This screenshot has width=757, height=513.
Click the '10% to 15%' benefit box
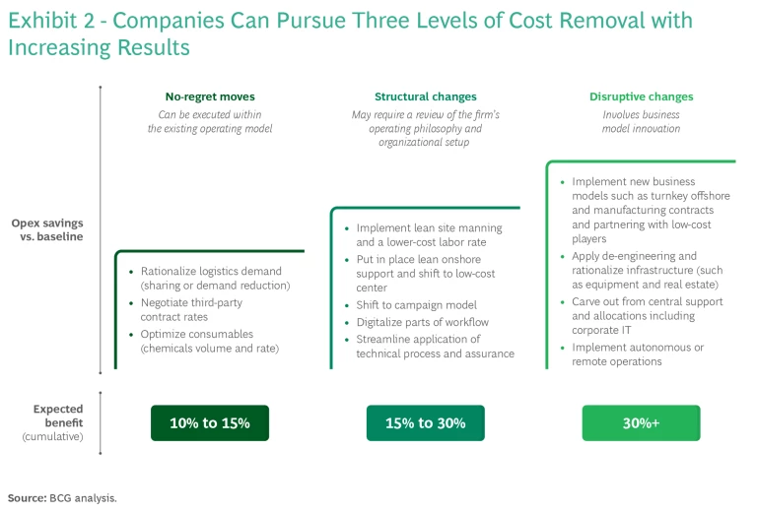pos(210,422)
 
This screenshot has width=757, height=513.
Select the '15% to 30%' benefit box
pos(426,422)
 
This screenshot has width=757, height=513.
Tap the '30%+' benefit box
pos(641,422)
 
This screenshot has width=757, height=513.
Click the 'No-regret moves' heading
pos(210,96)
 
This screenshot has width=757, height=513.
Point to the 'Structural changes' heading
pos(426,96)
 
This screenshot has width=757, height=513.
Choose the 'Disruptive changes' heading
pos(641,96)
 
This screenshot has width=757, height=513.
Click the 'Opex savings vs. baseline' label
pos(47,229)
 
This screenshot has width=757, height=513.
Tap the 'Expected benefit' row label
pos(58,416)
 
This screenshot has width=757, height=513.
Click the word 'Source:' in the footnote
pos(27,498)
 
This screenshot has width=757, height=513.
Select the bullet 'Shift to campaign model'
pos(416,305)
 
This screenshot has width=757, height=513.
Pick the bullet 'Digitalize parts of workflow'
pos(423,322)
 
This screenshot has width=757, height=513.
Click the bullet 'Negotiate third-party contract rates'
pos(191,309)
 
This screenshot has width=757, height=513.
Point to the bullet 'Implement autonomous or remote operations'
pos(638,354)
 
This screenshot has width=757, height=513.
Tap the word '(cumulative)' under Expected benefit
pos(52,437)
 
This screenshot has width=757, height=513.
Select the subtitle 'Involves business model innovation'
pos(641,121)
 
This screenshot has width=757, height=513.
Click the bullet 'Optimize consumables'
pos(210,341)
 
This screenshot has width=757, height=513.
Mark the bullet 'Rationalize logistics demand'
pos(215,279)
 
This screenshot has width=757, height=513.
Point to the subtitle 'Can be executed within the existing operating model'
pos(210,121)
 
